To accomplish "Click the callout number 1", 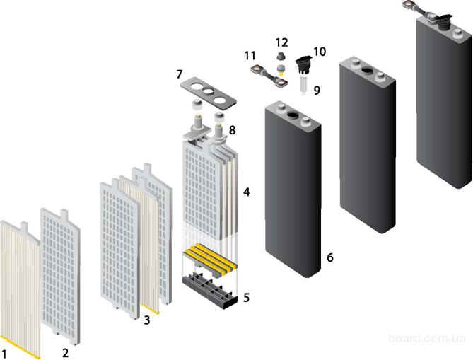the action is click(x=4, y=354).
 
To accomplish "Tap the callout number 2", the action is click(x=65, y=352).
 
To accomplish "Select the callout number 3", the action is click(x=146, y=320).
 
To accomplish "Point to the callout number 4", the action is click(x=247, y=192).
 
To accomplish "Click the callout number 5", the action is click(x=247, y=298).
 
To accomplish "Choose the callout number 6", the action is click(x=330, y=257).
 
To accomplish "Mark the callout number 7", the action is click(x=179, y=74).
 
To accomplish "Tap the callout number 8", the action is click(x=232, y=130).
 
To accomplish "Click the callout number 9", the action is click(x=317, y=90).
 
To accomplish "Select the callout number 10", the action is click(x=320, y=52).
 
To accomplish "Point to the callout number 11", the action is click(x=250, y=56).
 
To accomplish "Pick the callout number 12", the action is click(x=281, y=42).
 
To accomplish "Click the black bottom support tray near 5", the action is click(x=210, y=290).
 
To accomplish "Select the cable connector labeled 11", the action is click(x=269, y=76).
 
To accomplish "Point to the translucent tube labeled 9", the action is click(x=303, y=85).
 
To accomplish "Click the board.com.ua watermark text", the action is click(x=427, y=338).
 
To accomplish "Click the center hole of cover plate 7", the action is click(x=208, y=91).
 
